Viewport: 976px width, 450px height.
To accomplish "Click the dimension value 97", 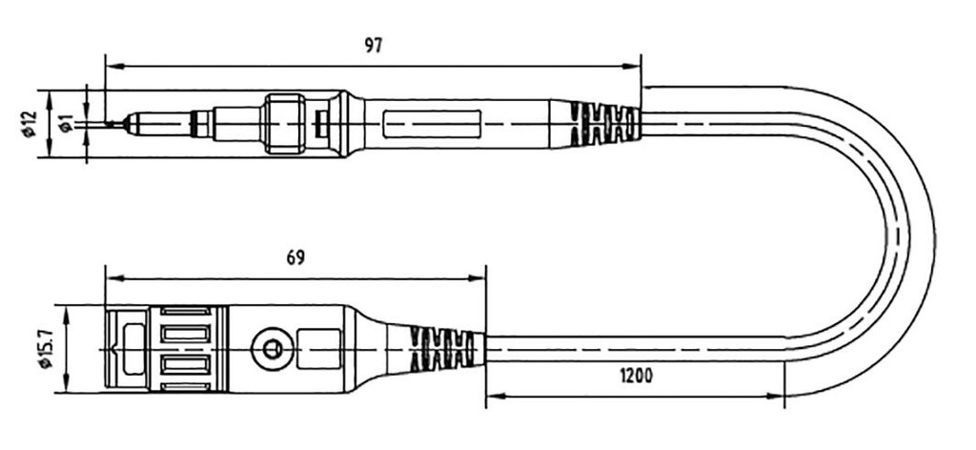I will point(373,45).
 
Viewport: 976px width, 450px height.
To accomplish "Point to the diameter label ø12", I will point(29,124).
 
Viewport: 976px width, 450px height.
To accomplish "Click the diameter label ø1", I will point(66,124).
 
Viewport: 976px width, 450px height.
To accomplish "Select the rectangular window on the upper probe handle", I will point(432,124).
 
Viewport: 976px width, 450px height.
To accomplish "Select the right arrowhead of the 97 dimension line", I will point(637,66).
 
